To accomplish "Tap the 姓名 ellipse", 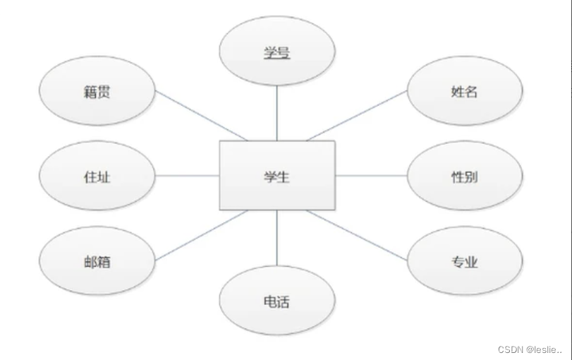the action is (465, 91).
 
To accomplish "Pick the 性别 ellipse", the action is (465, 176).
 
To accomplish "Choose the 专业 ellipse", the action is (465, 262).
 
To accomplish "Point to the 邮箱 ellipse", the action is (96, 262).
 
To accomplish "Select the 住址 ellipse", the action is (96, 176).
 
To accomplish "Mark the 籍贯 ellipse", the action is (96, 91).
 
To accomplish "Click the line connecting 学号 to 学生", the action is (277, 114).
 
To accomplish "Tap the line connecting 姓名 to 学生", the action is (357, 115).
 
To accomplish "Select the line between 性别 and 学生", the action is (371, 176).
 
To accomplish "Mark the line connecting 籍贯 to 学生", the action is (201, 115).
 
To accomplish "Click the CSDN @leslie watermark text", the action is (530, 349).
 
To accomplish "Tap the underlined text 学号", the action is (277, 52).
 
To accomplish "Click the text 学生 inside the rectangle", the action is (277, 176).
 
